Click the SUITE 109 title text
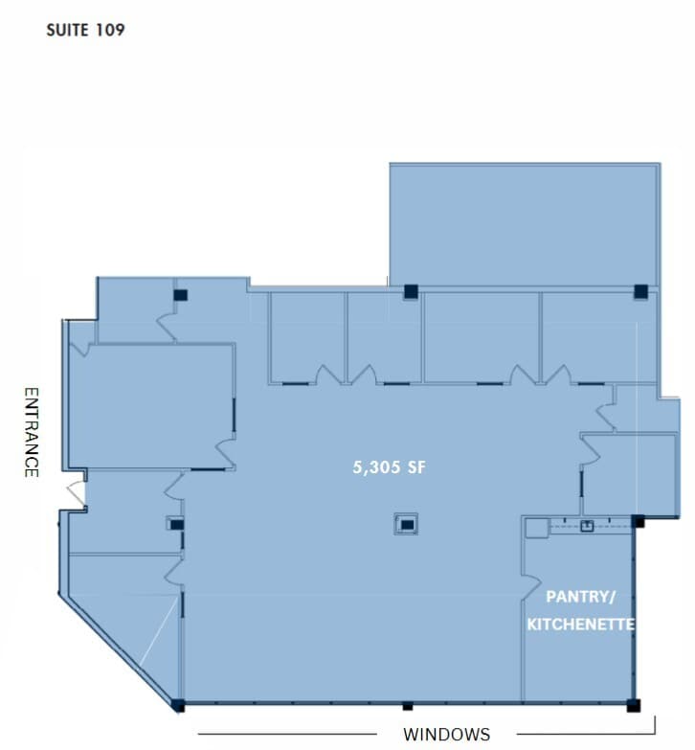[85, 30]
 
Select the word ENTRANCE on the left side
[31, 432]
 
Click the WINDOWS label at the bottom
[446, 735]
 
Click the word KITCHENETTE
[581, 625]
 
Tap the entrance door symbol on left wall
[75, 493]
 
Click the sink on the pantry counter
[586, 525]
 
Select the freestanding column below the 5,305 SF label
[406, 524]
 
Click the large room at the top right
[524, 224]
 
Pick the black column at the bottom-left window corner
[178, 706]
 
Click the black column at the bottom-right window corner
[633, 707]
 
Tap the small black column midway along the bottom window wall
[407, 707]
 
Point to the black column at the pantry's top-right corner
[639, 522]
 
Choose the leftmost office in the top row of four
[306, 335]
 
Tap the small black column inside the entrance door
[176, 524]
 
